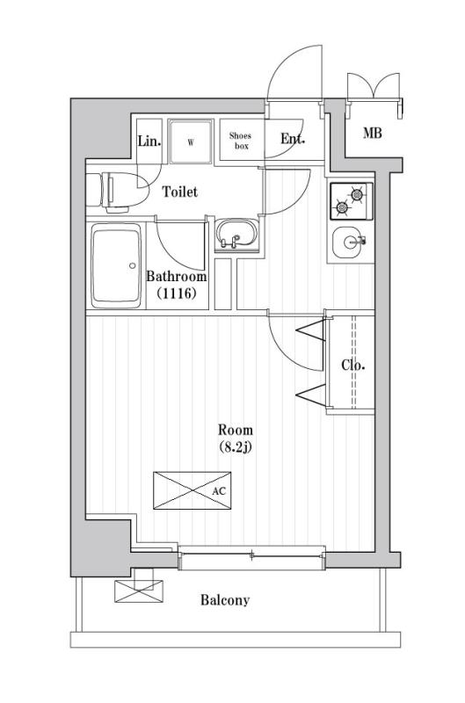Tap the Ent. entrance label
click(x=292, y=139)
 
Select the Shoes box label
click(x=240, y=141)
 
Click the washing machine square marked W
click(x=190, y=141)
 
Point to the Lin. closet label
click(x=149, y=141)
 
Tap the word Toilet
click(x=179, y=192)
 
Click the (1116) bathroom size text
click(x=176, y=294)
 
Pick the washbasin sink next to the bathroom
click(x=236, y=236)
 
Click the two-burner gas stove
click(x=351, y=201)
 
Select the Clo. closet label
click(x=353, y=366)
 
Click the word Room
click(x=236, y=430)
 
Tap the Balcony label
click(x=224, y=601)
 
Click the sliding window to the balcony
click(x=252, y=554)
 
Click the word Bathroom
click(x=176, y=277)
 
